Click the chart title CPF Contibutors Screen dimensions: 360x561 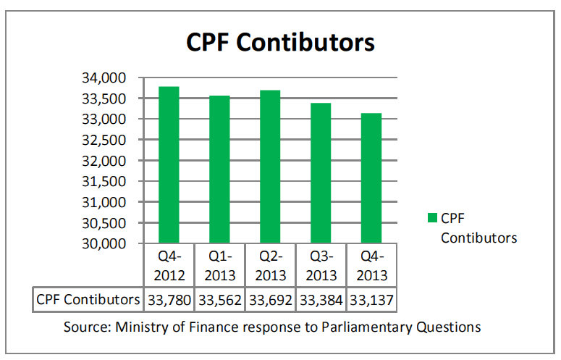click(280, 42)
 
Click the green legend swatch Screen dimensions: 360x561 click(432, 218)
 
